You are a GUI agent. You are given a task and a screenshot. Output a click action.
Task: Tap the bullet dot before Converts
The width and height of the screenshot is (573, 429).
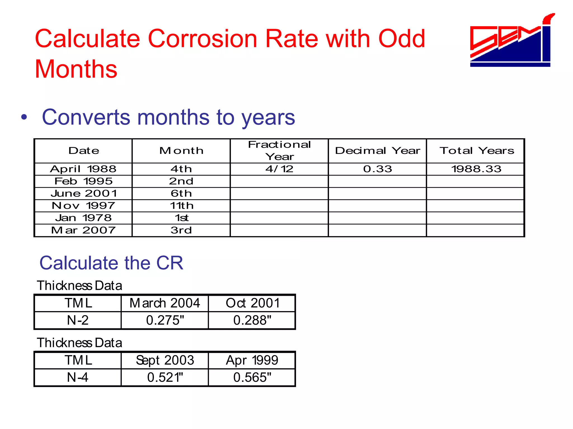click(24, 117)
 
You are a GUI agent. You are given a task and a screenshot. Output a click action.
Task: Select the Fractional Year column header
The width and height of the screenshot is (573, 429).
click(279, 151)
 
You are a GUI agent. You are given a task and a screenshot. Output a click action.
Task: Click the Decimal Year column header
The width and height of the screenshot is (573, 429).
click(377, 151)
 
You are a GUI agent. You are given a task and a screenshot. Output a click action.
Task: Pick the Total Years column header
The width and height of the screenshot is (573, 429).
click(476, 151)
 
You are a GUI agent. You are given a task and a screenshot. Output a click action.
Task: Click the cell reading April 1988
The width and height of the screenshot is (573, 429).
click(83, 169)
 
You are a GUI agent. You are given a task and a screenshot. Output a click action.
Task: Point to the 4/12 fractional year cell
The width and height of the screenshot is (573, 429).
click(279, 169)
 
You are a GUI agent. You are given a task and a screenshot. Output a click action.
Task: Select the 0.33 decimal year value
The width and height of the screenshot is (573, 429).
click(377, 169)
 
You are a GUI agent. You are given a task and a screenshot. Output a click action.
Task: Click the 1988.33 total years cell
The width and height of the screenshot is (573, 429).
click(476, 169)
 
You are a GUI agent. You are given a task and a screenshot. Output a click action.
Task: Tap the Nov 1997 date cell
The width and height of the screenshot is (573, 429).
click(83, 206)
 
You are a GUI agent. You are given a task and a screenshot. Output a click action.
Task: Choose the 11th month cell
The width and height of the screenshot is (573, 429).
click(181, 206)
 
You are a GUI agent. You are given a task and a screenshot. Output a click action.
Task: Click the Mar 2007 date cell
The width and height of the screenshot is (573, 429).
click(83, 230)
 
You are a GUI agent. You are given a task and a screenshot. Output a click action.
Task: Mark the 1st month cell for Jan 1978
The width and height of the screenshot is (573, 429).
click(181, 218)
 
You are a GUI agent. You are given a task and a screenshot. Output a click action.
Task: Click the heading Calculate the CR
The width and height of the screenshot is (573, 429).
click(111, 263)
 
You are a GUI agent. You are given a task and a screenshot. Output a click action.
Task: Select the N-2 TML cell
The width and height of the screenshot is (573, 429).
click(78, 320)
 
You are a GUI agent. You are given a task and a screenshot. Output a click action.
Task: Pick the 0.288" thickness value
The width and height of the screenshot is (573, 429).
click(252, 320)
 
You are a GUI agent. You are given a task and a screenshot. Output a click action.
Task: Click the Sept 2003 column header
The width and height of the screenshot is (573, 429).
click(165, 360)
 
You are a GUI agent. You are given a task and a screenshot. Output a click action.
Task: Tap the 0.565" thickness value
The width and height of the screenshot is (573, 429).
click(252, 378)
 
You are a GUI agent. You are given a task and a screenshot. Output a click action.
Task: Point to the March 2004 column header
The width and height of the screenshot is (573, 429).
click(165, 303)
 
